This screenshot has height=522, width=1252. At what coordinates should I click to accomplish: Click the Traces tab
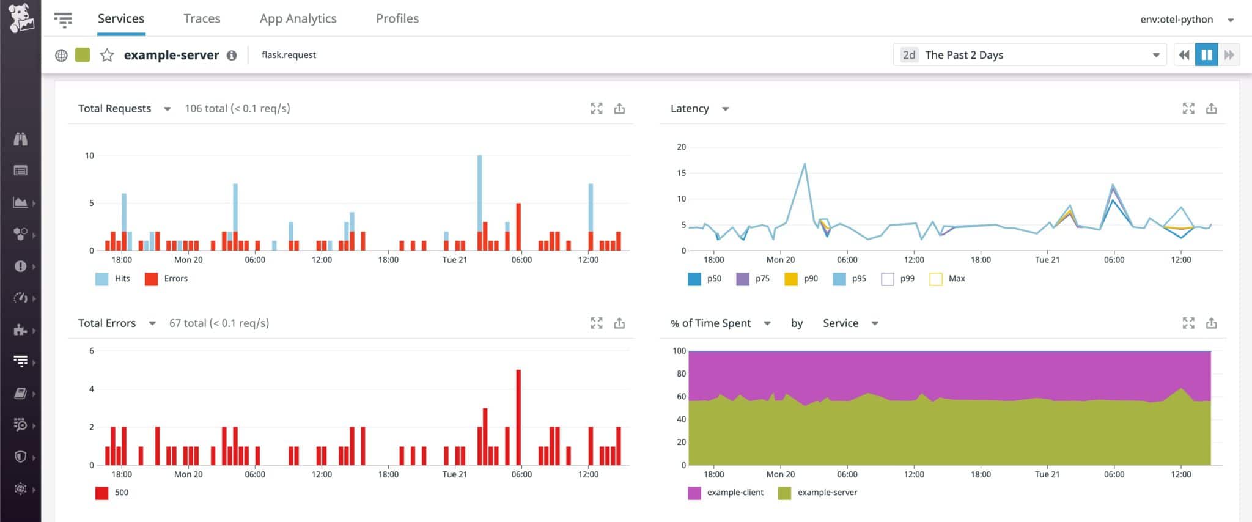[202, 18]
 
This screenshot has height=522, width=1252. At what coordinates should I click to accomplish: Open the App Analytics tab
[298, 18]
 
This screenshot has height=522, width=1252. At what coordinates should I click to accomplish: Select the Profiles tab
[397, 18]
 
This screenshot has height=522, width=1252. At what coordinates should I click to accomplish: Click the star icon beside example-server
[107, 55]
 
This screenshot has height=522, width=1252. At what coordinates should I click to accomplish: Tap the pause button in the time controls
[1206, 55]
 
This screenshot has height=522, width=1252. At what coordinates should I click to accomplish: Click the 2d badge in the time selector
[909, 55]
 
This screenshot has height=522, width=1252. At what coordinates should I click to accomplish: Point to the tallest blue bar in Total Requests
[479, 193]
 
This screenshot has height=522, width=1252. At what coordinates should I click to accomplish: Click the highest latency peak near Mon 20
[805, 164]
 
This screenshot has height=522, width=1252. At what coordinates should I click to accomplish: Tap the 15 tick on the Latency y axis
[681, 173]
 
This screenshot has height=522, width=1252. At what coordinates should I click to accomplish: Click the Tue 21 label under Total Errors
[454, 474]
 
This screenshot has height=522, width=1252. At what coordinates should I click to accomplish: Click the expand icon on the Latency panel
[1188, 109]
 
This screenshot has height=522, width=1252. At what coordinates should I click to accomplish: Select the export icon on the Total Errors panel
[619, 323]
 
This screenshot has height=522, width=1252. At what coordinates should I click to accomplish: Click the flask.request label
[289, 55]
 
